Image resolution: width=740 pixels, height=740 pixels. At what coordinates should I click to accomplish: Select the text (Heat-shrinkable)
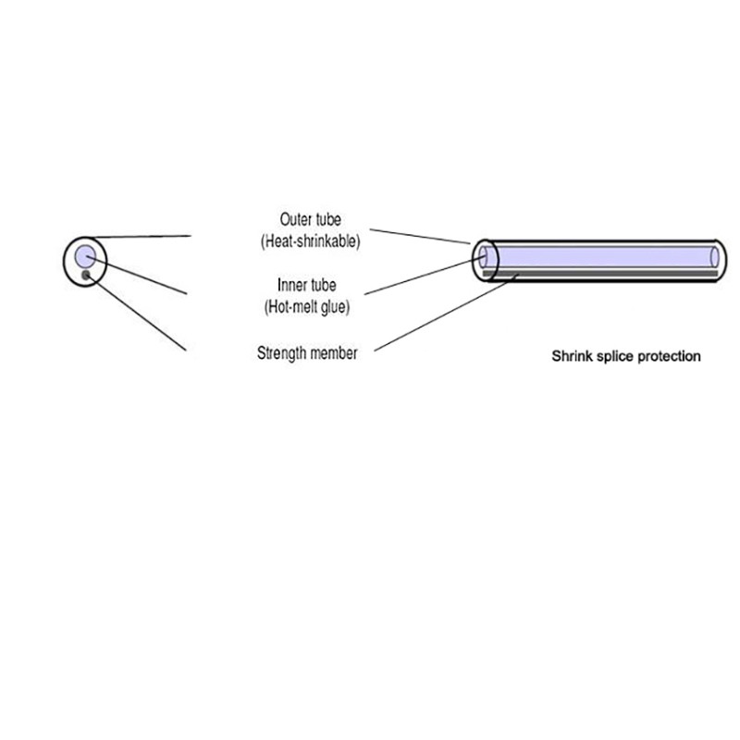311,240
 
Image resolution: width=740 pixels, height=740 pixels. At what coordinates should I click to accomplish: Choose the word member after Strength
336,352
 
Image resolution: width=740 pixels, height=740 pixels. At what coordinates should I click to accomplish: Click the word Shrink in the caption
570,355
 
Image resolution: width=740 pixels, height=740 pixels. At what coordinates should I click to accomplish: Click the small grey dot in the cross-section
86,275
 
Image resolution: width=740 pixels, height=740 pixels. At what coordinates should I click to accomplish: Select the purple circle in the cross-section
85,255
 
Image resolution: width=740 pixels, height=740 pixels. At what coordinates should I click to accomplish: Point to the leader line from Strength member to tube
444,313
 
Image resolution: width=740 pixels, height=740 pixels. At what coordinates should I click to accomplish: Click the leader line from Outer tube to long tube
421,234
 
